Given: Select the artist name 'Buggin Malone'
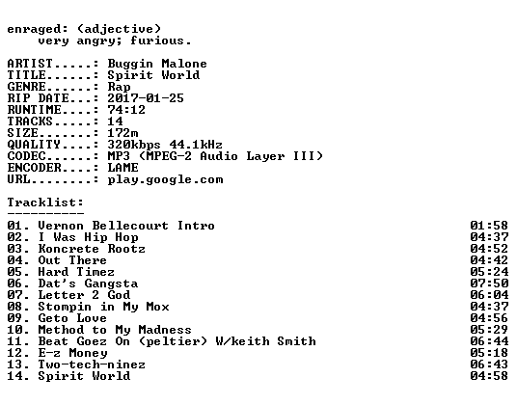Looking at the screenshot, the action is click(x=157, y=64).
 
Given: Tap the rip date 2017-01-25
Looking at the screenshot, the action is click(x=146, y=98).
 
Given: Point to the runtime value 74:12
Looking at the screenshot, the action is click(x=126, y=110).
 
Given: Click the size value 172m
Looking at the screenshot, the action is click(x=122, y=133).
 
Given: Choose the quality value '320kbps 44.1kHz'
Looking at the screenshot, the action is click(x=165, y=145).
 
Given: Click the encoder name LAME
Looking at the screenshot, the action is click(x=122, y=168).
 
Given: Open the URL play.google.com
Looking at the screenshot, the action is click(x=165, y=180).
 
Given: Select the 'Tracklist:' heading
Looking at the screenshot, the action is click(x=45, y=202).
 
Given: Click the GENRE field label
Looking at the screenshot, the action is click(x=26, y=87).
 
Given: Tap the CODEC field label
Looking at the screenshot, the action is click(x=26, y=156).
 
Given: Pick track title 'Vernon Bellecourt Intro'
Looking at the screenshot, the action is click(x=126, y=226).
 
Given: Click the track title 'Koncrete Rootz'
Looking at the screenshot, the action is click(x=92, y=249).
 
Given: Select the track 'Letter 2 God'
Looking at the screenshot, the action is click(x=84, y=295).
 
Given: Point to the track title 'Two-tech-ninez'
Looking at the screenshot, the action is click(x=92, y=364).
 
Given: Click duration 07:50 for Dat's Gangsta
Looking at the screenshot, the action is click(x=489, y=283).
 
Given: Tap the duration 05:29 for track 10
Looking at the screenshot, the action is click(x=489, y=330).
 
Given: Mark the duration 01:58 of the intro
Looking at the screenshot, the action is click(x=489, y=226).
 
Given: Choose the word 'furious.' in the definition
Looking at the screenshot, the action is click(x=160, y=40).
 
